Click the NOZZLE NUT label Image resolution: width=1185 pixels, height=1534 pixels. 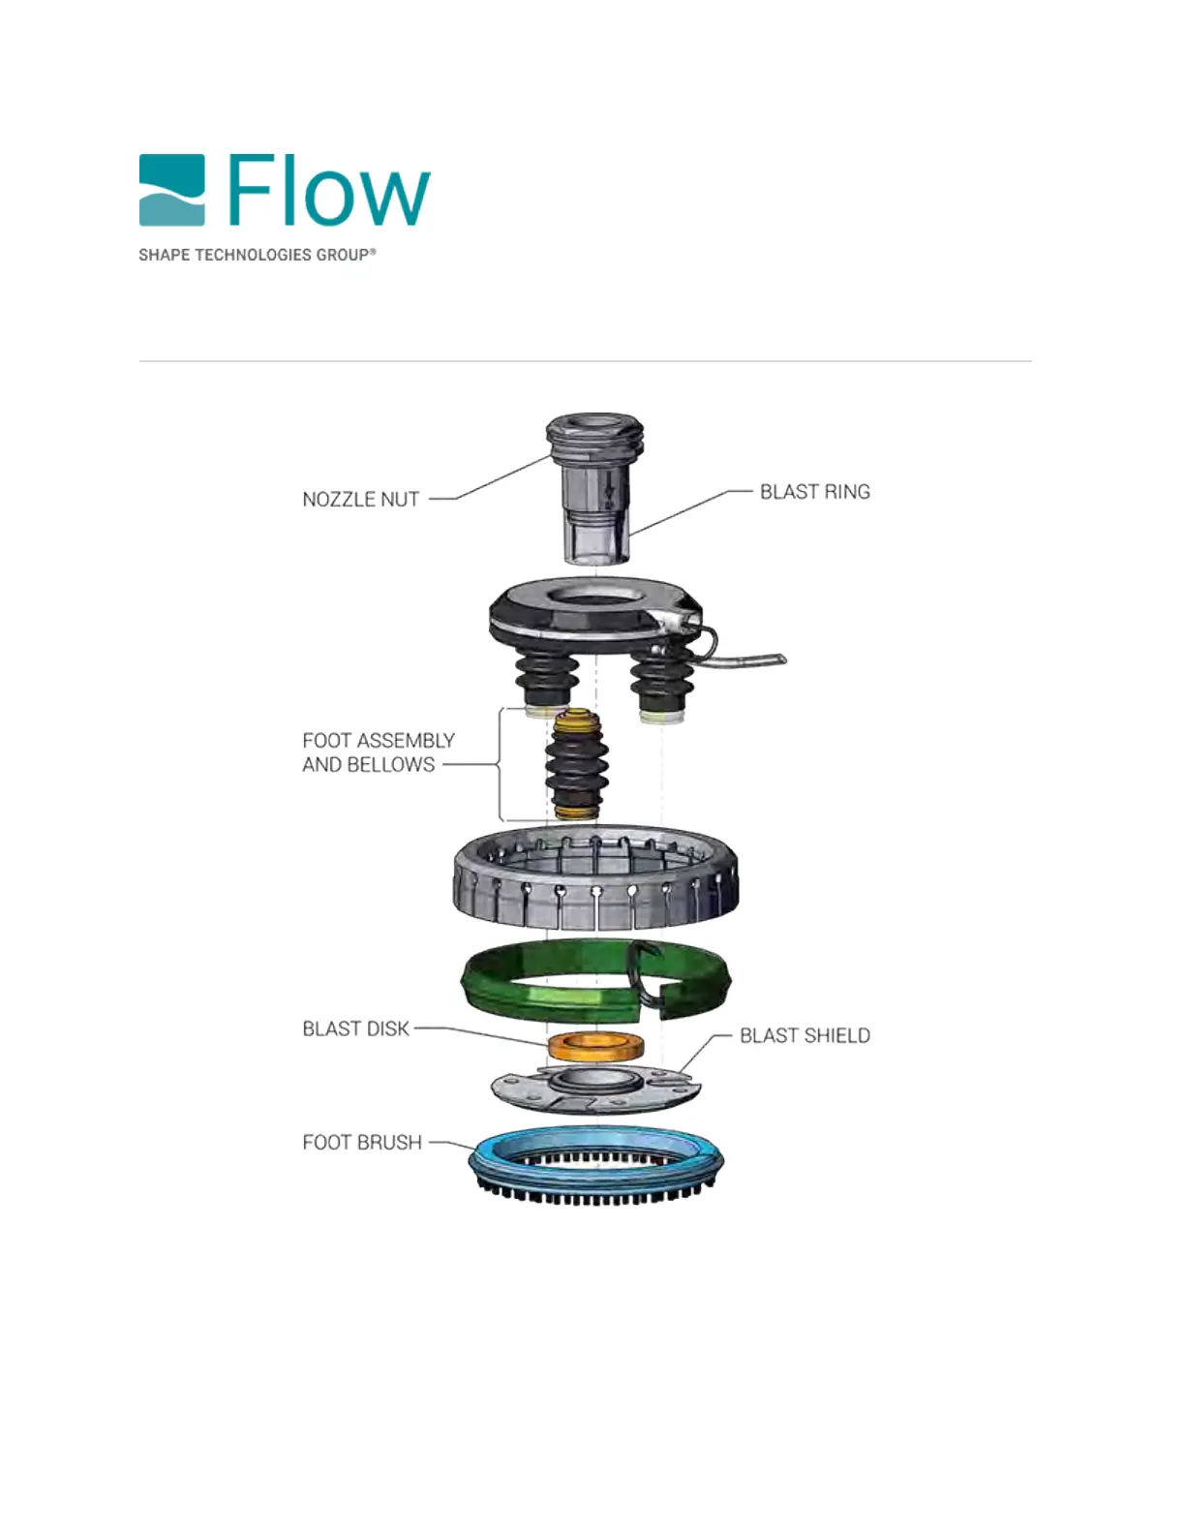point(360,500)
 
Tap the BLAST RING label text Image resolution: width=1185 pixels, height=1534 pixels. point(814,492)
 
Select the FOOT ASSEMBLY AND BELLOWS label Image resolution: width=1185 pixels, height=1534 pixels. point(378,752)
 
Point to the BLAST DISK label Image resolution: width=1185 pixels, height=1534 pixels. point(355,1028)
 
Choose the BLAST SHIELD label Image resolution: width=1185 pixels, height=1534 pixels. point(805,1035)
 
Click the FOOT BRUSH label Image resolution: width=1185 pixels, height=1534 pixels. point(362,1143)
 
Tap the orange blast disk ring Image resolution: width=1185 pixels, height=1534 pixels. point(596,1046)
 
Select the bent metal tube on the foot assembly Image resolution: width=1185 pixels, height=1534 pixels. point(745,660)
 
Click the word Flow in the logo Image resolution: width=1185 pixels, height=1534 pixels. point(329,191)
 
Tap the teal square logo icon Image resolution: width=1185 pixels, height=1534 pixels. point(172,190)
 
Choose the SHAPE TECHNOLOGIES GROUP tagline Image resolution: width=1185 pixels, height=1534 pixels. point(257,255)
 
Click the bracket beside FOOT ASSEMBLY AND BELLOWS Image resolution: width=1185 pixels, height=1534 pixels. point(500,765)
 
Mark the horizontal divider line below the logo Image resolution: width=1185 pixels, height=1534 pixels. point(585,361)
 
